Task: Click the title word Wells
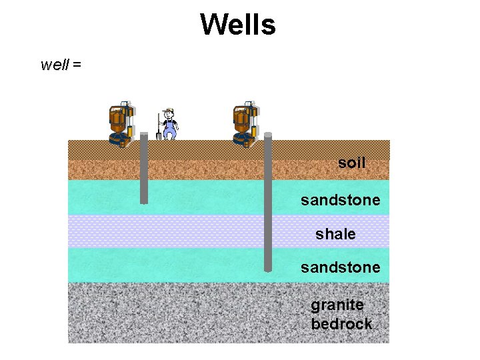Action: [x=237, y=25]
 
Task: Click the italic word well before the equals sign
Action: [x=55, y=65]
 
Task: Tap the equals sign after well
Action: [x=77, y=65]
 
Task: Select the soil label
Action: [x=351, y=163]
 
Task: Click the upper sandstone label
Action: [x=340, y=200]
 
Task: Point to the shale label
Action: [x=335, y=234]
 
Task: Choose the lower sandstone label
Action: [x=340, y=267]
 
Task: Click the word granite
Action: [x=337, y=305]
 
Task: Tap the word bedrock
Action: [x=341, y=324]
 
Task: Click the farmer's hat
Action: [x=169, y=111]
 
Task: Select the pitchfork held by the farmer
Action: [x=159, y=128]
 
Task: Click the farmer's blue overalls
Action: [x=170, y=127]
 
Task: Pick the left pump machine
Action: [x=121, y=123]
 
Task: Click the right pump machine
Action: [x=245, y=123]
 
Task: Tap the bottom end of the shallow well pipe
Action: [x=143, y=201]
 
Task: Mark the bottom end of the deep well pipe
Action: [x=268, y=269]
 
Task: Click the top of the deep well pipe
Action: [x=268, y=135]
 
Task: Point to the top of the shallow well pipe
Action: [x=143, y=135]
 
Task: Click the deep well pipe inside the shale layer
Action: [x=268, y=231]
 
